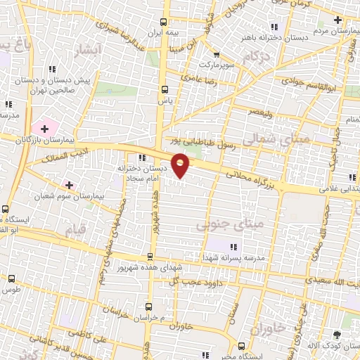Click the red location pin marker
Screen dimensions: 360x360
point(181,164)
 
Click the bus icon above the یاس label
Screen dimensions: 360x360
point(165,89)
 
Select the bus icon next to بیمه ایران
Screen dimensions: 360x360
point(165,22)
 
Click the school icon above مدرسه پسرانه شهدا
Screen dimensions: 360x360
point(233,246)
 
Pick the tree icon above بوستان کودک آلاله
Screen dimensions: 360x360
point(337,336)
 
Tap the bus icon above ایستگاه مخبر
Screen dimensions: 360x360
point(241,346)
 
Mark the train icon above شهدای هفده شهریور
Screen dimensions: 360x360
point(149,257)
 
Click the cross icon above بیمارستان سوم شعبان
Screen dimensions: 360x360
point(69,184)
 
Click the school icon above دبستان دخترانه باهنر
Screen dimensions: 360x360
point(274,26)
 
